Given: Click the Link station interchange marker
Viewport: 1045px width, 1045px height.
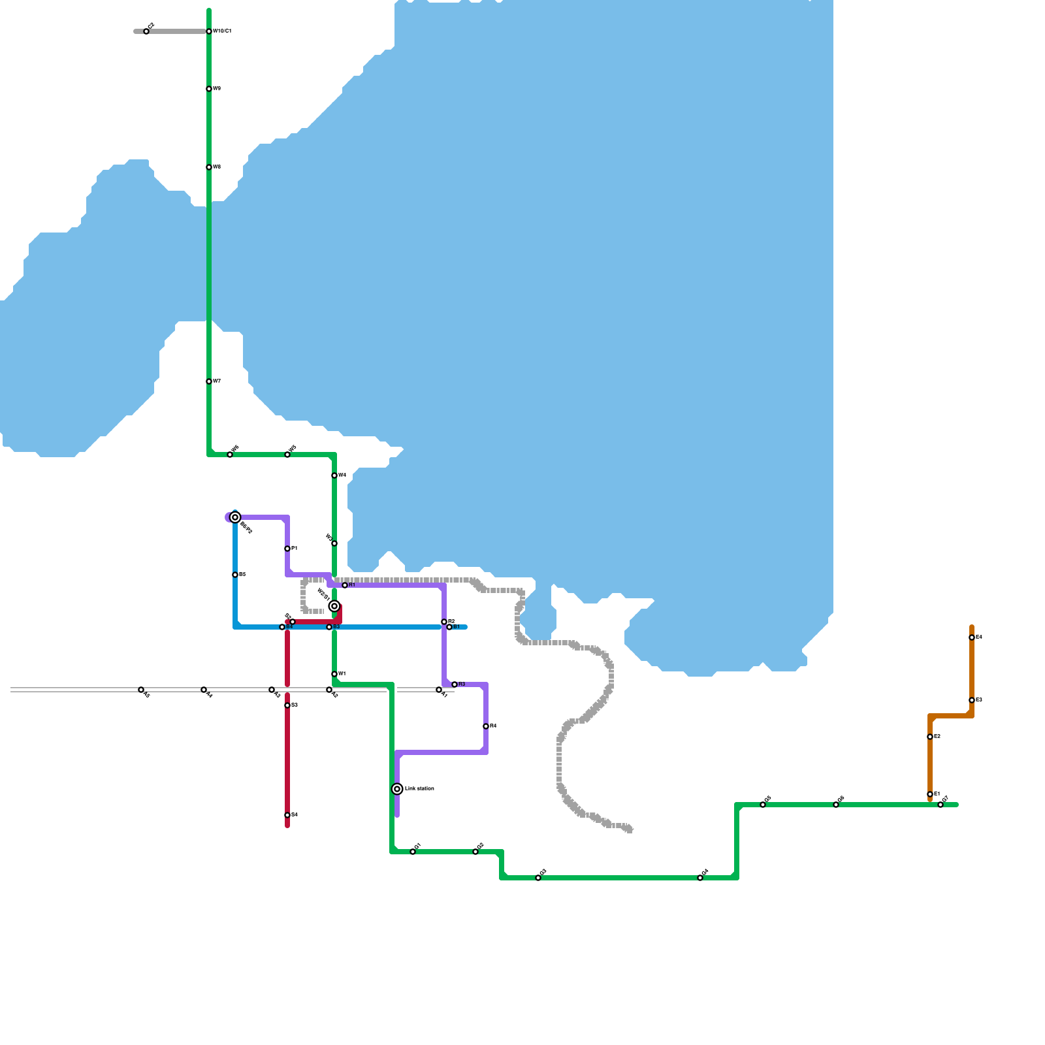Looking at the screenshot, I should tap(397, 789).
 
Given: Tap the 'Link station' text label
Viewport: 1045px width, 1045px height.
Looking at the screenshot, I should tap(419, 789).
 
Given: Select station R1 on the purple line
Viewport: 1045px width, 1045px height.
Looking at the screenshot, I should tap(345, 585).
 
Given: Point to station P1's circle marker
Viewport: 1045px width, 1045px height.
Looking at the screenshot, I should tap(287, 549).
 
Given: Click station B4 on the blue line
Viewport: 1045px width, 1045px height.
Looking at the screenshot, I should tap(282, 627).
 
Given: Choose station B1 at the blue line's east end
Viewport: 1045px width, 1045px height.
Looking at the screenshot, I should tap(449, 627).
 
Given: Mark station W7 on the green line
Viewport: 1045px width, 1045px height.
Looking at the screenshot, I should tap(209, 381).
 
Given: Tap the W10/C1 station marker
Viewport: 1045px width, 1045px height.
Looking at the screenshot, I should tap(209, 31).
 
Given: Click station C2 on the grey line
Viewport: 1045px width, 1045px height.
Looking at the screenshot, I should tap(146, 31).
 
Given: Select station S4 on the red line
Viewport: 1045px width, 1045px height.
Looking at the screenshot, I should tap(287, 815).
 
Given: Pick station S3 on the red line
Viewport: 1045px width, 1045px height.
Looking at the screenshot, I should tap(287, 705).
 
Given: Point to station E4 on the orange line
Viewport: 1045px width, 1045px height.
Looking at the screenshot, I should tap(972, 637).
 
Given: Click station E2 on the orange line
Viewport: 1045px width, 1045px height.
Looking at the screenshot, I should tap(930, 737).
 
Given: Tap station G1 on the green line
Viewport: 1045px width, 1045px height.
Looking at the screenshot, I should tap(413, 852).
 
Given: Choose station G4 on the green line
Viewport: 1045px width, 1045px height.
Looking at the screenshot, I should tap(700, 878).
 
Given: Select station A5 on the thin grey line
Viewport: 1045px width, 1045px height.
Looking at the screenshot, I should tap(141, 690).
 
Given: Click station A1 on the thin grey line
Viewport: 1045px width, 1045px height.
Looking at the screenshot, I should tap(439, 690).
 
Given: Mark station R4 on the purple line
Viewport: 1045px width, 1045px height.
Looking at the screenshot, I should tap(486, 726).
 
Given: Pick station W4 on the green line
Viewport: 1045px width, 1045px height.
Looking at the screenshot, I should tap(334, 475).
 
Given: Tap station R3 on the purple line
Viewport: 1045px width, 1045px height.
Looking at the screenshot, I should tap(455, 684).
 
